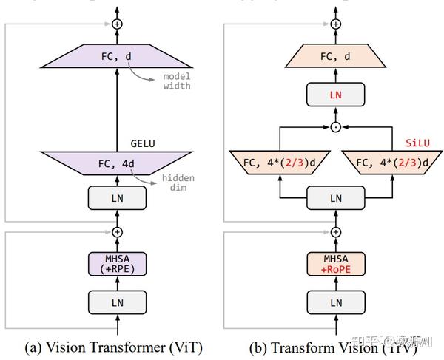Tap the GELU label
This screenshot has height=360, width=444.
click(x=144, y=143)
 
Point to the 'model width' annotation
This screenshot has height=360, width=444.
click(x=177, y=81)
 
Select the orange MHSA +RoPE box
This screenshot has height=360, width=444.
click(x=336, y=263)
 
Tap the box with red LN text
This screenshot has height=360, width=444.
click(x=336, y=94)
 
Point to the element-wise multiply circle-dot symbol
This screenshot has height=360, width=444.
click(x=336, y=127)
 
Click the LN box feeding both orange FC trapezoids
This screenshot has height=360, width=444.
click(x=336, y=198)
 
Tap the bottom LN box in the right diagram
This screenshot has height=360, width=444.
click(x=336, y=302)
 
